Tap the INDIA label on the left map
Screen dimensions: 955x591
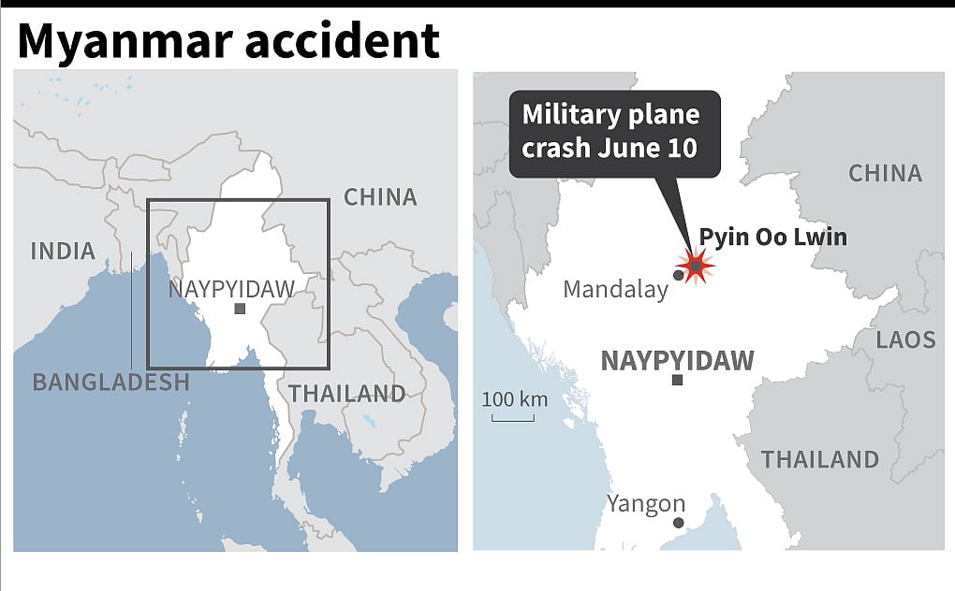point(63,251)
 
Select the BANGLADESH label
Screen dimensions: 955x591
point(110,382)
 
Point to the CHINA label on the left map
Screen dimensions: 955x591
point(379,197)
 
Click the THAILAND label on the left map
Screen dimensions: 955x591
point(346,394)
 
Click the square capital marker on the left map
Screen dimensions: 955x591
point(241,309)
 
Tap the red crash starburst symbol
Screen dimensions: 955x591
point(697,267)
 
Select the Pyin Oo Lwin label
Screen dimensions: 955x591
point(772,238)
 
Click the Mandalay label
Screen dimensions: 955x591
point(615,290)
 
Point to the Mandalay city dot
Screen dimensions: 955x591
point(678,275)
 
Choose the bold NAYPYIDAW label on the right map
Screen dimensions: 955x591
point(677,361)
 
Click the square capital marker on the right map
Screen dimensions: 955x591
point(677,381)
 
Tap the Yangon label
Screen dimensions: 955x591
point(646,504)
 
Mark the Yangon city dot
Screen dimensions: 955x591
point(678,523)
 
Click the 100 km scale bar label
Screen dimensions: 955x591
point(514,399)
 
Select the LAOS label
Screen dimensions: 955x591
point(905,339)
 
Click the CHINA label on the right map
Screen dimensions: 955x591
point(885,173)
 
